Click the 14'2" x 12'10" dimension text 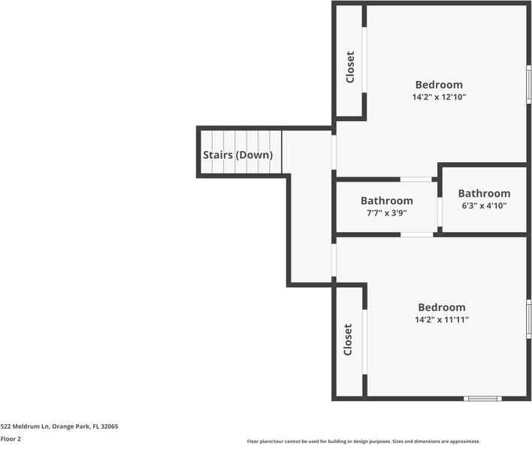pos(440,97)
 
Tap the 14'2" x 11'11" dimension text pos(442,319)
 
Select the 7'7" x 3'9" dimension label pos(386,213)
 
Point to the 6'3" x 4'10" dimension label pos(484,206)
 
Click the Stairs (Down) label pos(238,155)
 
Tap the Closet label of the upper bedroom pos(350,67)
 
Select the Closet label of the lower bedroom pos(349,339)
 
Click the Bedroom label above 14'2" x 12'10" pos(440,85)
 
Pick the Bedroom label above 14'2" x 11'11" pos(442,307)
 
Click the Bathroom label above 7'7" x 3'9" pos(386,200)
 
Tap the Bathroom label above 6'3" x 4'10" pos(484,193)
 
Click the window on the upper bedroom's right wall pos(528,85)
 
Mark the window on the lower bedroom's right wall pos(528,318)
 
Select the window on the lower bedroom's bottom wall pos(482,398)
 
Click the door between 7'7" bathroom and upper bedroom pos(416,179)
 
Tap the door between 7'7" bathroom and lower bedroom pos(416,235)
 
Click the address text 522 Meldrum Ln pos(59,426)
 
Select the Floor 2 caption pos(11,438)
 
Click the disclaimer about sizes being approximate pos(364,441)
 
